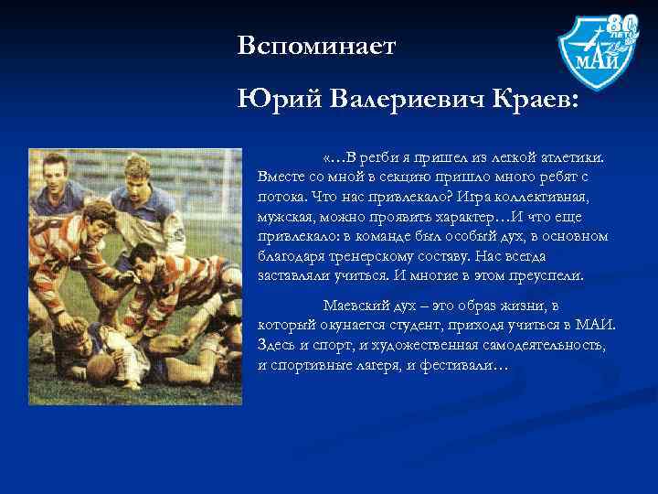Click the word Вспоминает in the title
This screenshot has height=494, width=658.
(315, 46)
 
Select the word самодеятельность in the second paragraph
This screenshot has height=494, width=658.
(540, 345)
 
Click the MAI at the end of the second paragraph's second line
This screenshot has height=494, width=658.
(597, 325)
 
